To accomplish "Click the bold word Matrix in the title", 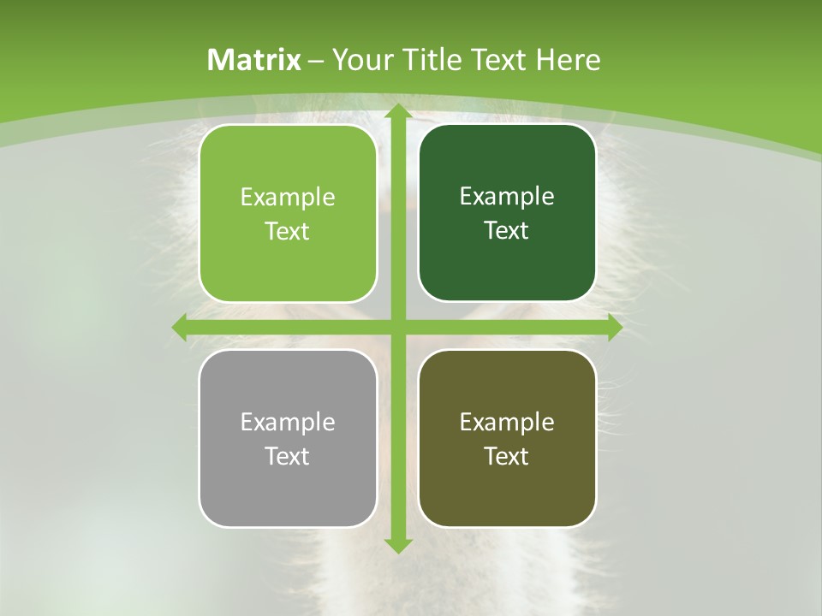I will coord(254,60).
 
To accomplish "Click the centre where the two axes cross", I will coord(398,327).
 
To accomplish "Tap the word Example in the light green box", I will coord(288,198).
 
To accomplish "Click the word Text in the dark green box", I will coord(507,231).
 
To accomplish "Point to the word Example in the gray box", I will coord(288,422).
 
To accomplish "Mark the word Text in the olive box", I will coord(507,456).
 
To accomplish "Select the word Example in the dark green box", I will coord(507,197).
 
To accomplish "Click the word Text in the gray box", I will coord(288,456).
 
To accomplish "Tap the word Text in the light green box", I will coord(288,232).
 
